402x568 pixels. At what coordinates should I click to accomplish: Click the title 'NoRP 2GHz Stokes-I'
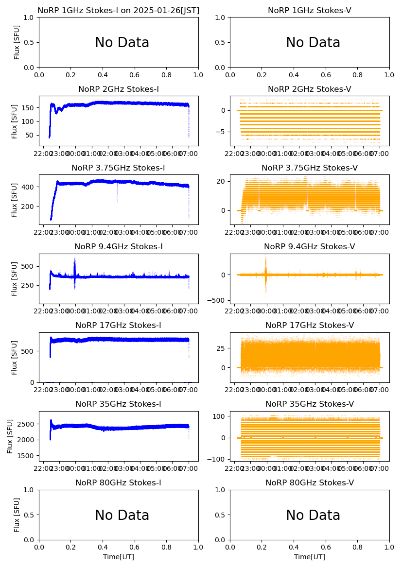pos(119,89)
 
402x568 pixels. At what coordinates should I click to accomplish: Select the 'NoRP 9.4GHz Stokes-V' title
pos(310,247)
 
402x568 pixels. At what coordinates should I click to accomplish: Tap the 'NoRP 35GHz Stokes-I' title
pos(119,404)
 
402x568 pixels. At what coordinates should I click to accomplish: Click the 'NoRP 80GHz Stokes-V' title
pos(310,483)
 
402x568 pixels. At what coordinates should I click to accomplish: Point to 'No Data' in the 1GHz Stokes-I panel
pos(122,43)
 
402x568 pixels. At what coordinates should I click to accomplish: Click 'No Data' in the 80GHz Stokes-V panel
pos(313,516)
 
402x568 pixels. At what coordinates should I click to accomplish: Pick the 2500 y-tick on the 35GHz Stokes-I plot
pos(27,424)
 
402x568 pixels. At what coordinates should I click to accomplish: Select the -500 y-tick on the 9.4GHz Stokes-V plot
pos(218,300)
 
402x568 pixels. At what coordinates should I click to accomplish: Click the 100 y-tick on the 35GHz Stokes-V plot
pos(220,416)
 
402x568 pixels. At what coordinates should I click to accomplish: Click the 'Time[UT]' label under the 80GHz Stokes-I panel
pos(119,557)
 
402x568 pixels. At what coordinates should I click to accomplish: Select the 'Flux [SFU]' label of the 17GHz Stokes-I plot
pos(15,358)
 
